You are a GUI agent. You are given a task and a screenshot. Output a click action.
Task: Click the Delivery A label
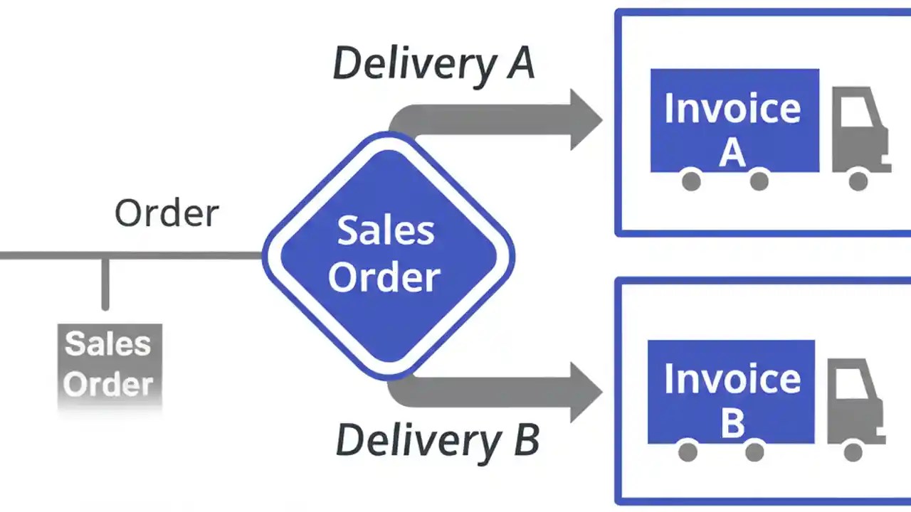433,63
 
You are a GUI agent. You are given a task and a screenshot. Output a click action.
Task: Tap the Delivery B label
437,440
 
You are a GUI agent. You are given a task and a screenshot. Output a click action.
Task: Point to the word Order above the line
167,213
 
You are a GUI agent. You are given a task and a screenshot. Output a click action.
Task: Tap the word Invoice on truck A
732,109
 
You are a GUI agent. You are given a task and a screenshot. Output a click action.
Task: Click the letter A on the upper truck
732,151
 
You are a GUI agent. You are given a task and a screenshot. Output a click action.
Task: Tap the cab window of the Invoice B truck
851,384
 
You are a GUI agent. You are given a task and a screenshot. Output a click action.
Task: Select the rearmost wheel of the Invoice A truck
691,181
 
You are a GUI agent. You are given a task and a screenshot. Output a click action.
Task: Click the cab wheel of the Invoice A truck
858,181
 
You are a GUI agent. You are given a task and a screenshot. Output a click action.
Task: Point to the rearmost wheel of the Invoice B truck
688,451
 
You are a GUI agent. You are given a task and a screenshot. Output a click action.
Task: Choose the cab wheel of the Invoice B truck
853,451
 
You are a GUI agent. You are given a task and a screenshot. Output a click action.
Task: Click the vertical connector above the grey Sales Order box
105,284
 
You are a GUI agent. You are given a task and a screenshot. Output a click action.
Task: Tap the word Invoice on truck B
732,379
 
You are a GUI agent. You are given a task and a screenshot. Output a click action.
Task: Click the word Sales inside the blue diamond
385,231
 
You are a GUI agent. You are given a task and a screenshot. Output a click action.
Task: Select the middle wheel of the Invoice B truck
754,451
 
